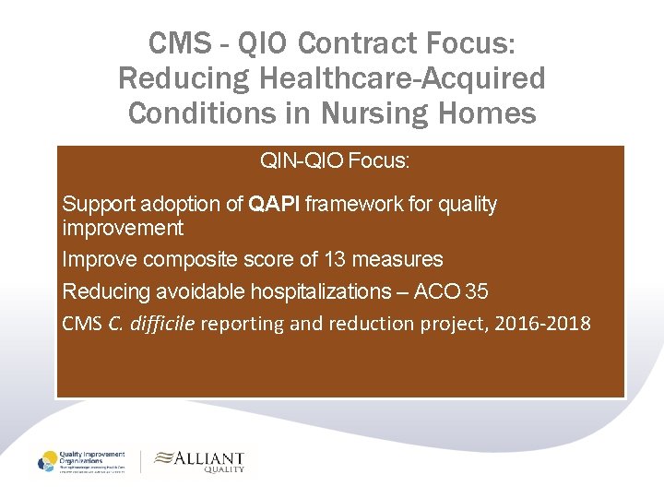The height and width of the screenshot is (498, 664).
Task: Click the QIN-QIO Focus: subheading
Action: (335, 162)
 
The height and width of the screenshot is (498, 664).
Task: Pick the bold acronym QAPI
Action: (274, 205)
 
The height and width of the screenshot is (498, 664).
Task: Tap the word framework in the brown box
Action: (350, 205)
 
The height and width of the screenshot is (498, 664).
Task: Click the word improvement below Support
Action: (123, 228)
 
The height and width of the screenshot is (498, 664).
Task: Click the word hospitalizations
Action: (314, 291)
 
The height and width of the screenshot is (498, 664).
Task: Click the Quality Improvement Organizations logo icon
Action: (47, 462)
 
